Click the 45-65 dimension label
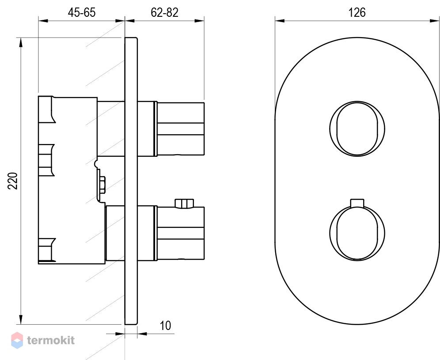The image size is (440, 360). [82, 13]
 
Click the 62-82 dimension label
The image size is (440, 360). [164, 13]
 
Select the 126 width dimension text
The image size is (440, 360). [357, 13]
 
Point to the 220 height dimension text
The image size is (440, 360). [13, 181]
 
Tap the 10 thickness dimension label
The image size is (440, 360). [165, 326]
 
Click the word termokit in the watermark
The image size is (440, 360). [51, 341]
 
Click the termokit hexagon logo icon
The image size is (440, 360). [17, 341]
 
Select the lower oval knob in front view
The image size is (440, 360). [357, 233]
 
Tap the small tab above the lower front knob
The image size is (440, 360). [357, 203]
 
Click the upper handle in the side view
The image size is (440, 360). [179, 129]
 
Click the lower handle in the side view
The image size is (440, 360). [179, 233]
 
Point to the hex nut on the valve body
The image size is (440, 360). [102, 185]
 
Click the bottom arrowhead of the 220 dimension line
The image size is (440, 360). [20, 319]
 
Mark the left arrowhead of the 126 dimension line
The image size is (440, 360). [280, 20]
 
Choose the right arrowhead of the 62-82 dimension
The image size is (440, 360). [199, 20]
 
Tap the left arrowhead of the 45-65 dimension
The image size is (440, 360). [43, 20]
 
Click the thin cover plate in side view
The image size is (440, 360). [131, 181]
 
